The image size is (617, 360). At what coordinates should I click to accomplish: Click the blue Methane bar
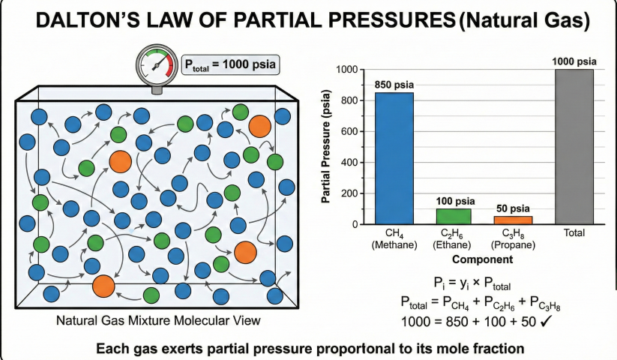click(394, 158)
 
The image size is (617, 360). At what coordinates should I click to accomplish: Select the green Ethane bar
click(454, 216)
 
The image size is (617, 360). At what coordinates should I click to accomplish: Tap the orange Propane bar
click(513, 220)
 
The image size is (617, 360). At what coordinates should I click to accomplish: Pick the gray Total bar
click(574, 147)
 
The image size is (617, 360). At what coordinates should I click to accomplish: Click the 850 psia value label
click(394, 84)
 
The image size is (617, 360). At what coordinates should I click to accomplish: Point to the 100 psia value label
click(454, 200)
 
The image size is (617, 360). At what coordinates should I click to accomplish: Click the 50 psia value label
click(513, 208)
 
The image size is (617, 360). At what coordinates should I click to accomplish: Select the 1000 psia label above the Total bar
click(574, 61)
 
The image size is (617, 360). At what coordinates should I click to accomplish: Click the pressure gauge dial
click(157, 65)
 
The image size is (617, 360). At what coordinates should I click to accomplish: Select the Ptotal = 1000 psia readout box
click(230, 64)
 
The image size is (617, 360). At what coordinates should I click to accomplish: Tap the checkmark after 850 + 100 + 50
click(546, 320)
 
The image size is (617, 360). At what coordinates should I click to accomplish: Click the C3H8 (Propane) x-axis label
click(513, 239)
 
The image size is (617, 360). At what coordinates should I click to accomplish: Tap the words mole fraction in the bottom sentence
click(478, 348)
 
